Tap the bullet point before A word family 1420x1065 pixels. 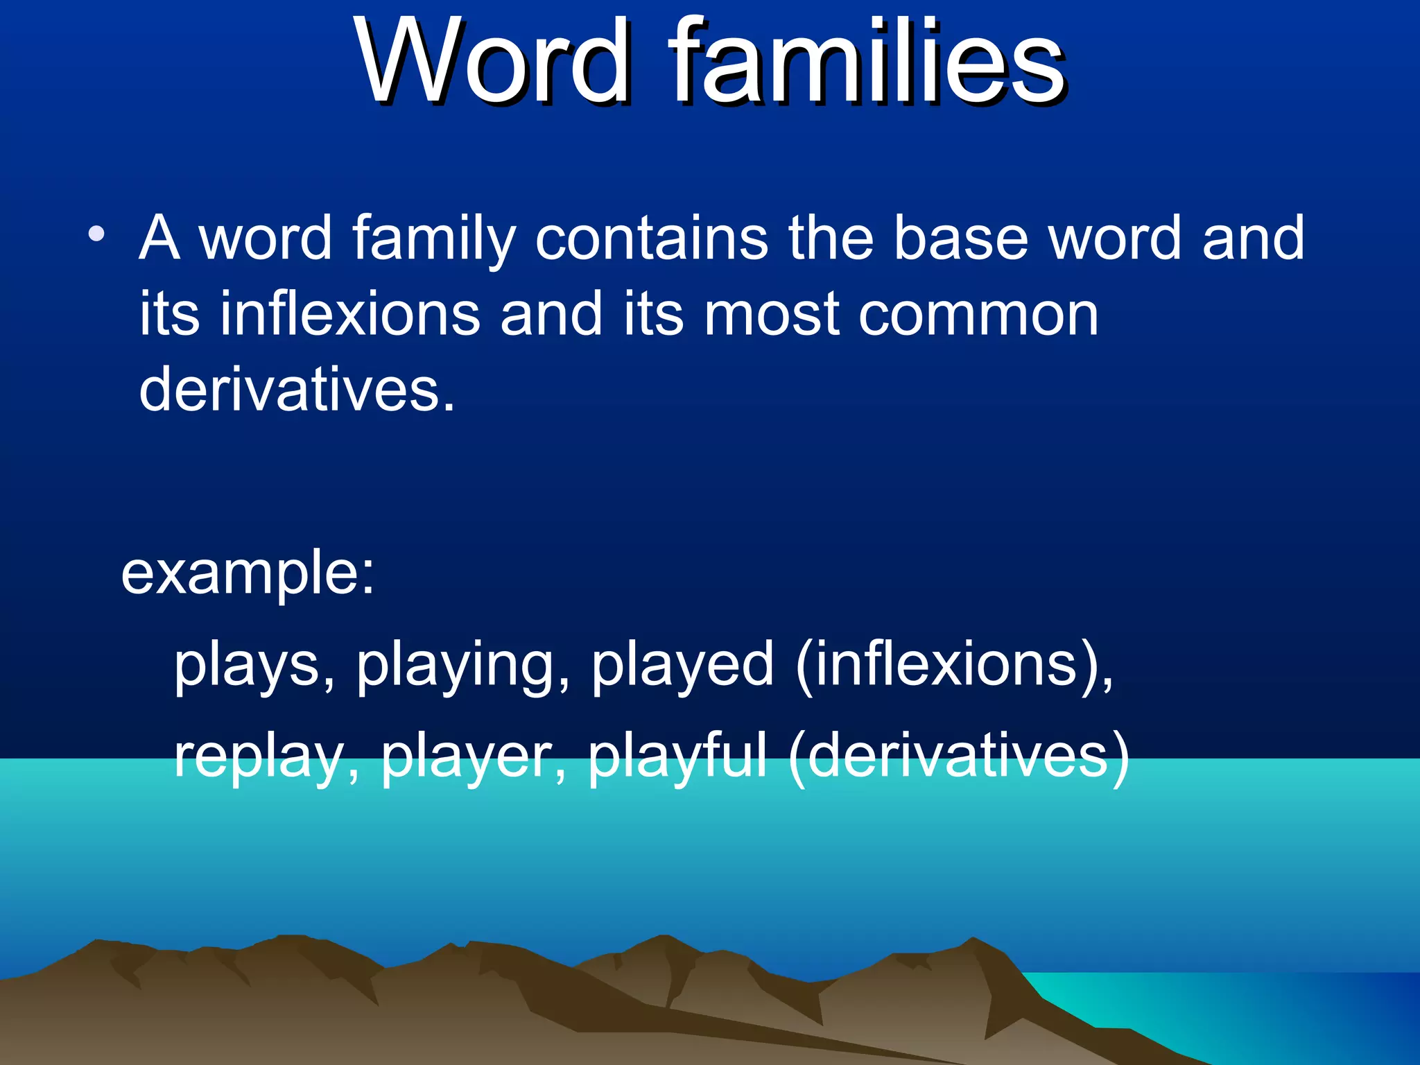tap(97, 234)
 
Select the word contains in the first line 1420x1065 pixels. tap(651, 238)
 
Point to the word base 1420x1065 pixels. tap(960, 238)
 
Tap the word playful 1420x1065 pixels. tap(677, 757)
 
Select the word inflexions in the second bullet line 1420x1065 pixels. tap(350, 314)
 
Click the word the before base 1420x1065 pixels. tap(830, 238)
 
